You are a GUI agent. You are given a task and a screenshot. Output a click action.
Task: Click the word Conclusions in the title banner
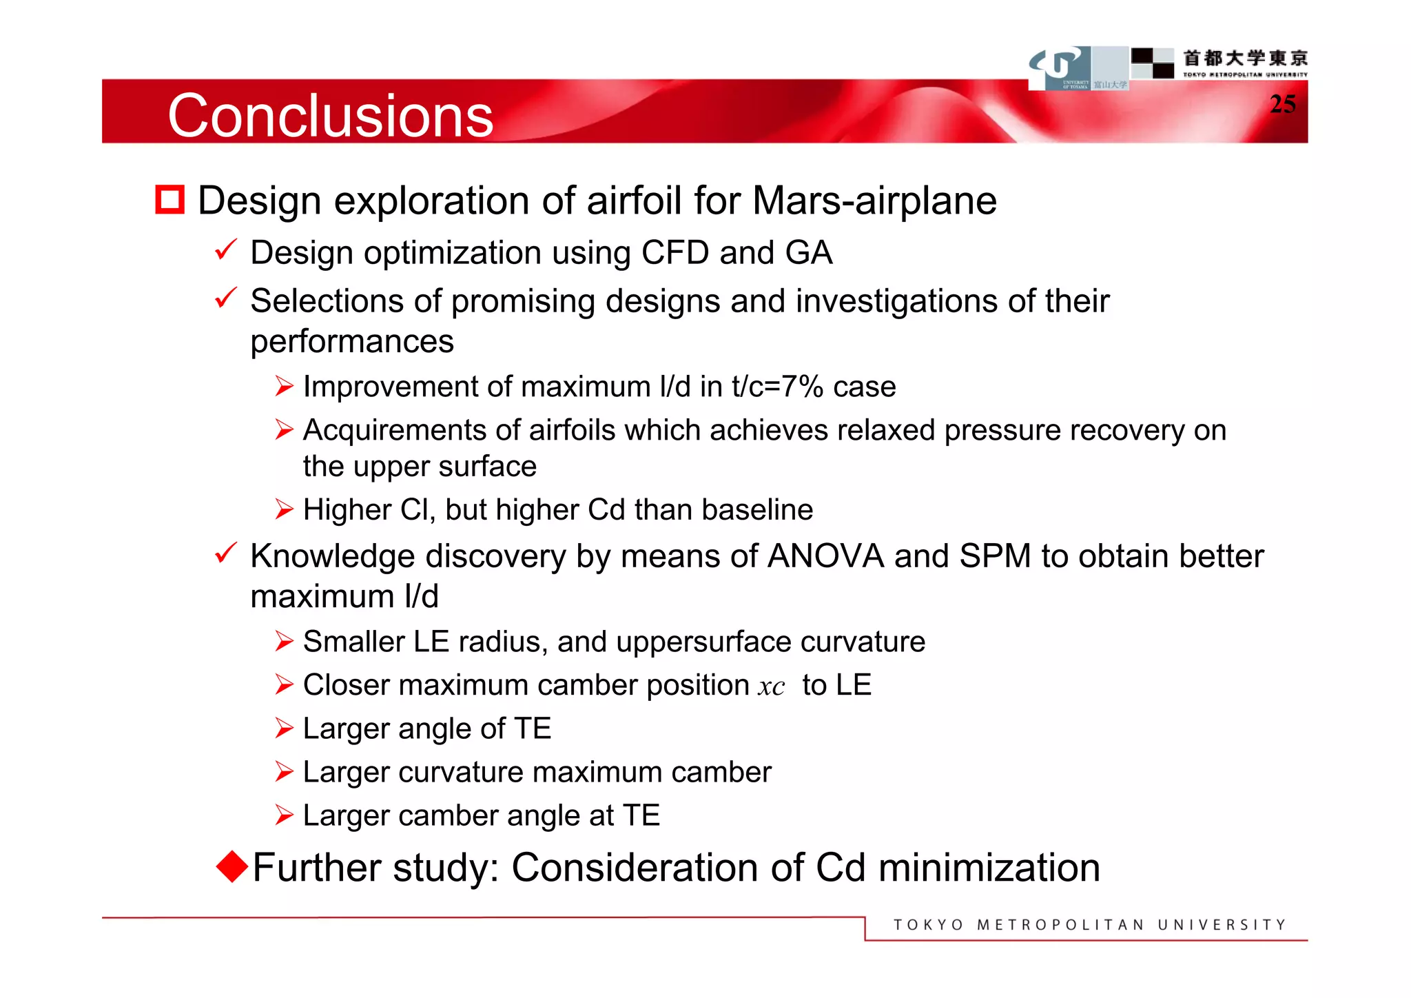[x=330, y=116]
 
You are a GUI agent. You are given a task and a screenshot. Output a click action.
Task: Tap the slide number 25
[x=1282, y=104]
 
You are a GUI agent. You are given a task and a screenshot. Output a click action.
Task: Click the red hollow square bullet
[x=169, y=200]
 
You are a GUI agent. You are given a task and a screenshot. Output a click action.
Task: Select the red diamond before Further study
[x=231, y=866]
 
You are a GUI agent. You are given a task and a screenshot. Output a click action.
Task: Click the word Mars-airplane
[x=874, y=201]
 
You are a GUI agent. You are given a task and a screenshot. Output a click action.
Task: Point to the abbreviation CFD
[x=674, y=252]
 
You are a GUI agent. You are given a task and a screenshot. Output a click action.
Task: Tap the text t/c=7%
[x=778, y=387]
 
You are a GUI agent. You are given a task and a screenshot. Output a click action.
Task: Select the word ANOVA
[x=825, y=556]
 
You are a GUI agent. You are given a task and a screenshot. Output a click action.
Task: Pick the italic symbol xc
[x=771, y=686]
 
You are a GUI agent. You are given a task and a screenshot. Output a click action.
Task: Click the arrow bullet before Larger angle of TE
[x=284, y=729]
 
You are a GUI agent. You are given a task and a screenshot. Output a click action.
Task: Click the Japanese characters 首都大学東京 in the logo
[x=1245, y=58]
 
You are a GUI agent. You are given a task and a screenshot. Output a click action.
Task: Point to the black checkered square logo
[x=1152, y=63]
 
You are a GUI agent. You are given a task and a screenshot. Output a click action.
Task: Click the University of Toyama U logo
[x=1060, y=67]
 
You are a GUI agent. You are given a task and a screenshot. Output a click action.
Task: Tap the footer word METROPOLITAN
[x=1060, y=925]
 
